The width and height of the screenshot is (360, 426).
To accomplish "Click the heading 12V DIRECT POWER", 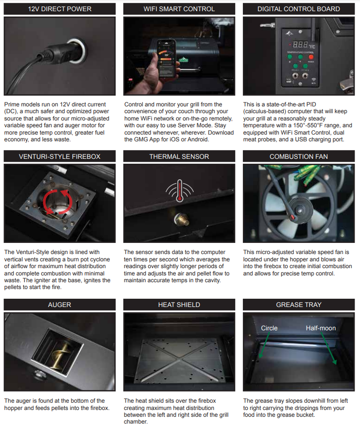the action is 59,9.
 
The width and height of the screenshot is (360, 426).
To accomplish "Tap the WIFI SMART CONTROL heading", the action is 179,9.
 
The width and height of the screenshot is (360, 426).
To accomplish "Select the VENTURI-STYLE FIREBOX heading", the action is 59,156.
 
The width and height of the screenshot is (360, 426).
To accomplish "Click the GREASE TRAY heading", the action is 299,305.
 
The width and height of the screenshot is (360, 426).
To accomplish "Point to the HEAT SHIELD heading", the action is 179,305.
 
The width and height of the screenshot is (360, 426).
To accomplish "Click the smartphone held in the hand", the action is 166,58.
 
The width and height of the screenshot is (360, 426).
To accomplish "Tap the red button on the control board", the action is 311,57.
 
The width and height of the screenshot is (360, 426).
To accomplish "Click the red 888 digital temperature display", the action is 300,44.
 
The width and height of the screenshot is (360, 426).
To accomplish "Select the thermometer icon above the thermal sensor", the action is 179,191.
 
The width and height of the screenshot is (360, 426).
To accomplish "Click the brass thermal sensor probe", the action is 182,219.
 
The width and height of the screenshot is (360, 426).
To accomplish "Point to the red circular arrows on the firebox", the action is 58,202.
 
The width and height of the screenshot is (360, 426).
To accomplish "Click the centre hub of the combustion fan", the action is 300,210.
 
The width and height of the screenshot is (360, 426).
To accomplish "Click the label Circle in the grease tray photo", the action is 269,328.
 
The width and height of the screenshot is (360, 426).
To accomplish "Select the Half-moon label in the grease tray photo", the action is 321,328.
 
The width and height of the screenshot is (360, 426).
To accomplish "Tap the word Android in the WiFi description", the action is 199,139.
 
